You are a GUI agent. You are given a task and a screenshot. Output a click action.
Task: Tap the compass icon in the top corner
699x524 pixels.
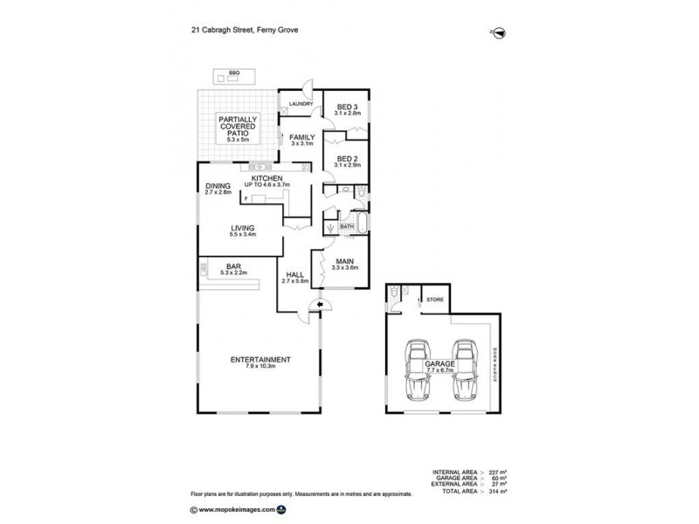click(x=499, y=32)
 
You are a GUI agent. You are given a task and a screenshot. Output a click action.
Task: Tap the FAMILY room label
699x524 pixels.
click(x=302, y=137)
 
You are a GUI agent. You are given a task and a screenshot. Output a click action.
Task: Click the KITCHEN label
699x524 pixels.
click(x=266, y=178)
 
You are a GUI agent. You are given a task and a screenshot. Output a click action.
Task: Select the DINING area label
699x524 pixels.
click(x=218, y=186)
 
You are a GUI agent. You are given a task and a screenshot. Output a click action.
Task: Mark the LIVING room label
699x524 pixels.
click(x=242, y=228)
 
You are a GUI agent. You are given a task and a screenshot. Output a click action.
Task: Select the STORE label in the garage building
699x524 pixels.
click(x=434, y=300)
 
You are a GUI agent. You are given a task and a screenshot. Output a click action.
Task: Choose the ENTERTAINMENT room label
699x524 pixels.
click(x=254, y=359)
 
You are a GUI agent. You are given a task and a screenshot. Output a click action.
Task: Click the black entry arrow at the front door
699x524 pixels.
click(x=321, y=305)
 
